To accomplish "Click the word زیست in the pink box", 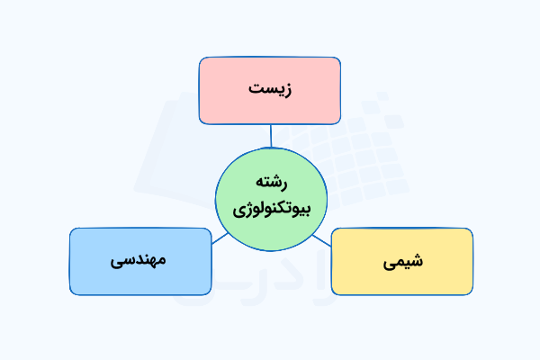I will click(270, 90).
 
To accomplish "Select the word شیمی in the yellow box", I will click(402, 263).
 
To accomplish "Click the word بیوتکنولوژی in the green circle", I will click(270, 211).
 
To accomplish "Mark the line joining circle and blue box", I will click(219, 238).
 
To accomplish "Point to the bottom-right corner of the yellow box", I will click(471, 293).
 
